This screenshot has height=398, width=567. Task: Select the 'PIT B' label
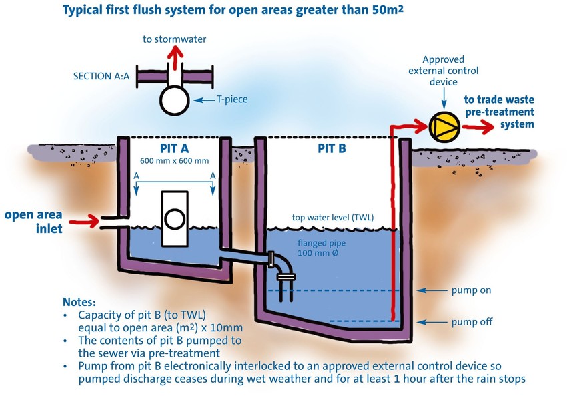(x=332, y=149)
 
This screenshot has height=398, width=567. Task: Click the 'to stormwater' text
(x=175, y=39)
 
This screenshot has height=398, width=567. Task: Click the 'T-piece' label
(x=232, y=99)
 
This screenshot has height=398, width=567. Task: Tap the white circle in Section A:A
(x=175, y=99)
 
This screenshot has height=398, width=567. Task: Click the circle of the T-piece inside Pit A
(x=175, y=219)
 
